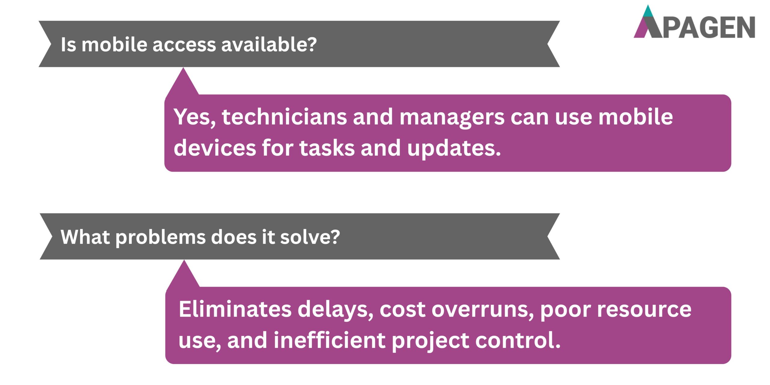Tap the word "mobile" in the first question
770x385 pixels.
[114, 45]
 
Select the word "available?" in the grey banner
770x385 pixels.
[269, 45]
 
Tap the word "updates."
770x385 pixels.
[454, 149]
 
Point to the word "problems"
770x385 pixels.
[160, 238]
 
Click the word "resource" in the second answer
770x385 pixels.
[644, 310]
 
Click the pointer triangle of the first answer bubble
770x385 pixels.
[183, 83]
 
